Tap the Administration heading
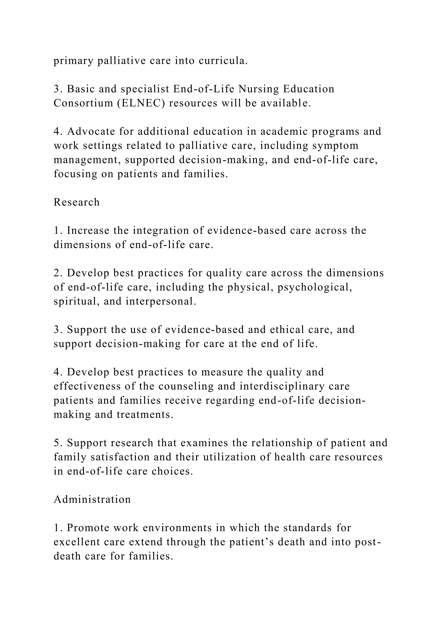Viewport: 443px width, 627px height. coord(92,499)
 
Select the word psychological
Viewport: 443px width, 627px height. coord(315,287)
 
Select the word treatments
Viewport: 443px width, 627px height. coord(145,415)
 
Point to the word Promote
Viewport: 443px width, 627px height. coord(88,528)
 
